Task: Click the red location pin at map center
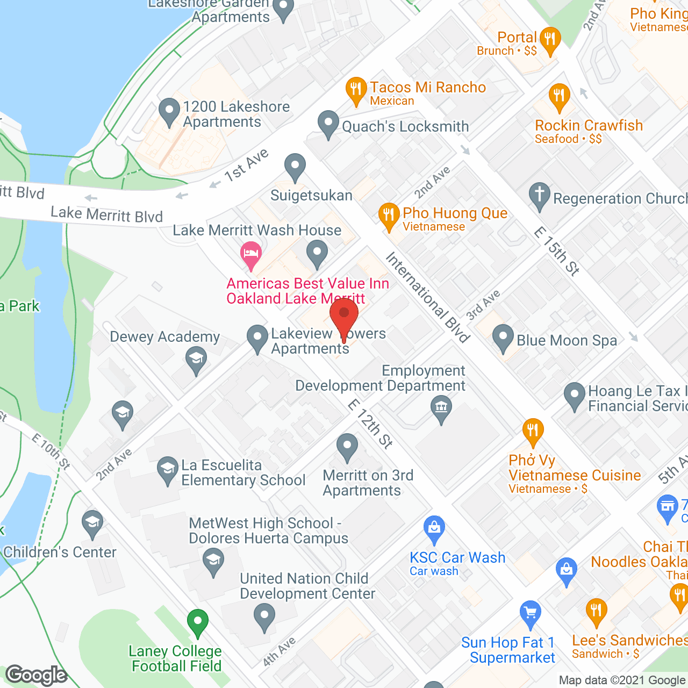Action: point(344,317)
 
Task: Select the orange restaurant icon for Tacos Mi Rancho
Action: point(355,90)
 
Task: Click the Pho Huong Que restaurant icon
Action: point(388,215)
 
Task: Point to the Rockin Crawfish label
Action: point(589,126)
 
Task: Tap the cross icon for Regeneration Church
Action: point(540,195)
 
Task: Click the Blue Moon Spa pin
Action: point(503,338)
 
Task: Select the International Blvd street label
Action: point(428,297)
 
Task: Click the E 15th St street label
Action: point(557,251)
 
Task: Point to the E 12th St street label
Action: point(370,424)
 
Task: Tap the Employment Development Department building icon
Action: point(441,408)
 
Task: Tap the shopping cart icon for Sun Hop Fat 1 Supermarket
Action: point(531,613)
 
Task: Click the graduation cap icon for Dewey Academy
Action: point(196,360)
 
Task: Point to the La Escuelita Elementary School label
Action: point(243,472)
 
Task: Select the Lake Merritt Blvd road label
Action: point(106,214)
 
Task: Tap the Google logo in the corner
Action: point(37,675)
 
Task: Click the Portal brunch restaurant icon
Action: point(549,40)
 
